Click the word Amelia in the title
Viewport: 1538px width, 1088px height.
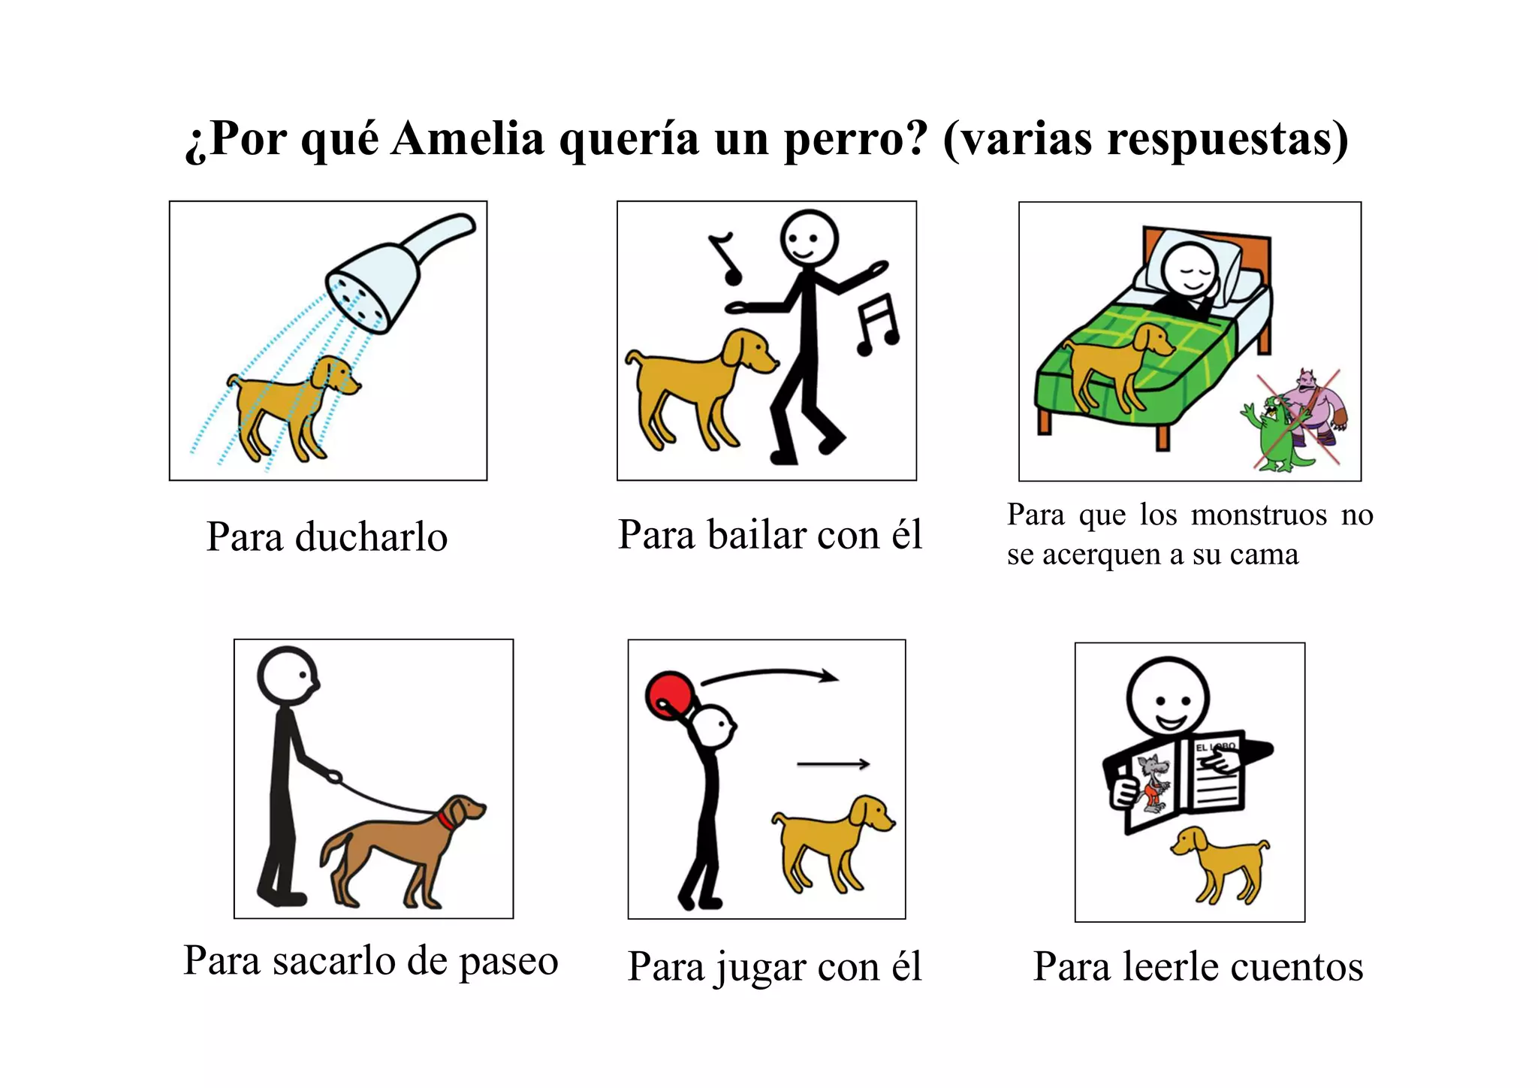[x=467, y=139]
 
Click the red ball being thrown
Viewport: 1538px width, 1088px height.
[x=670, y=694]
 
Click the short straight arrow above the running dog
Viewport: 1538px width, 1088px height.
[x=833, y=764]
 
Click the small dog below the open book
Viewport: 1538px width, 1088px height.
[x=1220, y=863]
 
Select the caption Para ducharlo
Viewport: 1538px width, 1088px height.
[x=327, y=537]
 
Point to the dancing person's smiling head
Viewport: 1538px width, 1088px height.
[x=808, y=237]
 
